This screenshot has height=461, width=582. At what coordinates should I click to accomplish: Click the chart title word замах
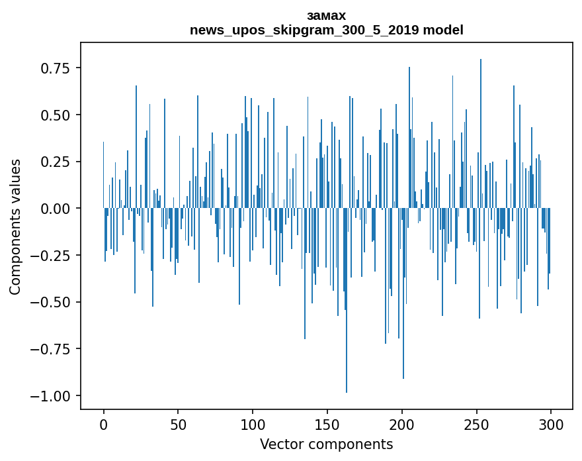tap(327, 15)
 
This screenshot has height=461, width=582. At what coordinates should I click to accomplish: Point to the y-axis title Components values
tap(15, 227)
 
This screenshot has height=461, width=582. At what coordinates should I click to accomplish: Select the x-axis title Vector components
tap(327, 444)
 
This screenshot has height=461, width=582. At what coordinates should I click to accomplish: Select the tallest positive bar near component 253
tap(481, 132)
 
